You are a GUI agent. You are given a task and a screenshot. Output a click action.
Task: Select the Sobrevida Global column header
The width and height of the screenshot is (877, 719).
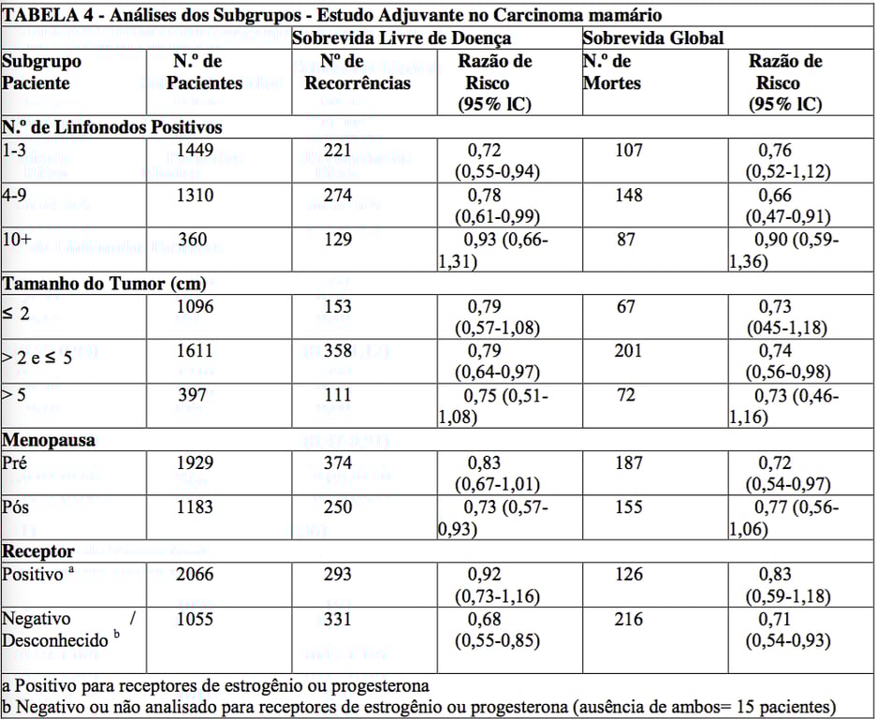652,38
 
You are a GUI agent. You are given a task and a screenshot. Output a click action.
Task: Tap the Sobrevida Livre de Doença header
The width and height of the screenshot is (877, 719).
402,38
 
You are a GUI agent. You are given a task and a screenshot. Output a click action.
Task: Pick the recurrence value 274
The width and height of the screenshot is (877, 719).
338,196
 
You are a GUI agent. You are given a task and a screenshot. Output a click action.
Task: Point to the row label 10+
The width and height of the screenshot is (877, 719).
17,241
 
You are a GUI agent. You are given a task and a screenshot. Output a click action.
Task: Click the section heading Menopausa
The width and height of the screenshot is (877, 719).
50,439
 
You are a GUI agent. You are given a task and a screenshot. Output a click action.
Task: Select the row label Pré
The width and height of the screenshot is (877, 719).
16,462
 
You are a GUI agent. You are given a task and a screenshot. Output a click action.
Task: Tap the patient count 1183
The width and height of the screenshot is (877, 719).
195,507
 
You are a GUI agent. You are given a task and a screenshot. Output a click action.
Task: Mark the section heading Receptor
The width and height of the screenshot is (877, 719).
38,550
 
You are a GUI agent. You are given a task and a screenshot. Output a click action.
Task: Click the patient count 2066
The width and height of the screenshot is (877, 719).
195,574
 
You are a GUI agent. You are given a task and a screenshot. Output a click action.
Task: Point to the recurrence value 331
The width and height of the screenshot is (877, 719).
338,619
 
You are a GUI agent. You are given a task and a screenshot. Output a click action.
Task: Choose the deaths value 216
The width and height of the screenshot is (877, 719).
629,619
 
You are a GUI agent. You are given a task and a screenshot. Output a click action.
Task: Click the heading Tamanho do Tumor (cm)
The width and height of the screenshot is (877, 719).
104,284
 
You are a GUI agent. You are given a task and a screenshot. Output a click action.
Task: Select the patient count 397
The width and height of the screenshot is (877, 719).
192,395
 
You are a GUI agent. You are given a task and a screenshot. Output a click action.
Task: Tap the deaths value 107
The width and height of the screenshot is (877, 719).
629,150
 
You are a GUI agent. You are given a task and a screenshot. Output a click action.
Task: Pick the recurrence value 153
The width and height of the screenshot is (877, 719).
338,306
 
